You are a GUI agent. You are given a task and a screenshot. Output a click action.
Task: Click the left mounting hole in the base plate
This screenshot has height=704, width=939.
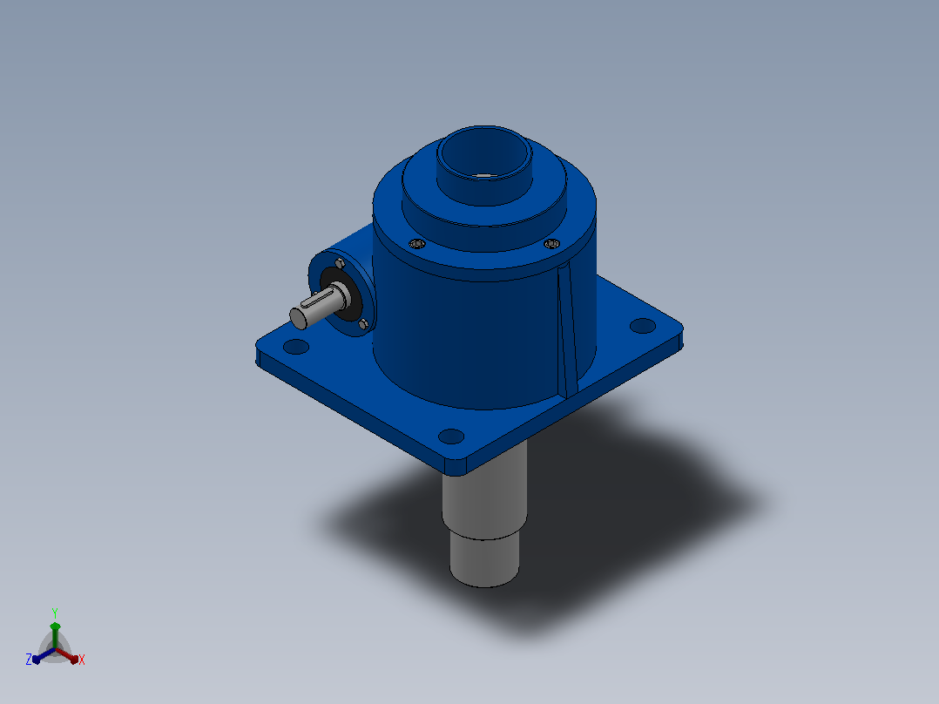[x=296, y=346]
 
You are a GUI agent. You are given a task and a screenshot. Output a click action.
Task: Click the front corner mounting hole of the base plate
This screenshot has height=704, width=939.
[x=451, y=437]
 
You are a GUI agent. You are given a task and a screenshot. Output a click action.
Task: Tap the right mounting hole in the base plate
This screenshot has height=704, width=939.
[x=643, y=325]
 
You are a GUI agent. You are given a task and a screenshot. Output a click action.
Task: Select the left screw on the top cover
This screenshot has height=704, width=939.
[x=417, y=243]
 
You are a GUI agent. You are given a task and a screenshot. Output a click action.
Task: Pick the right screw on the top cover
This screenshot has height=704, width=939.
[x=551, y=243]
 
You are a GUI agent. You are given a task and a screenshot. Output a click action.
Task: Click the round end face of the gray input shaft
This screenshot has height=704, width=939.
[x=298, y=318]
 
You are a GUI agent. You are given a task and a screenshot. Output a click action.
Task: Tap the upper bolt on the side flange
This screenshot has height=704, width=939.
[x=340, y=263]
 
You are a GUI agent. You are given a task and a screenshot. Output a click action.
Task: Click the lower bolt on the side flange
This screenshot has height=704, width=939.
[x=363, y=324]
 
